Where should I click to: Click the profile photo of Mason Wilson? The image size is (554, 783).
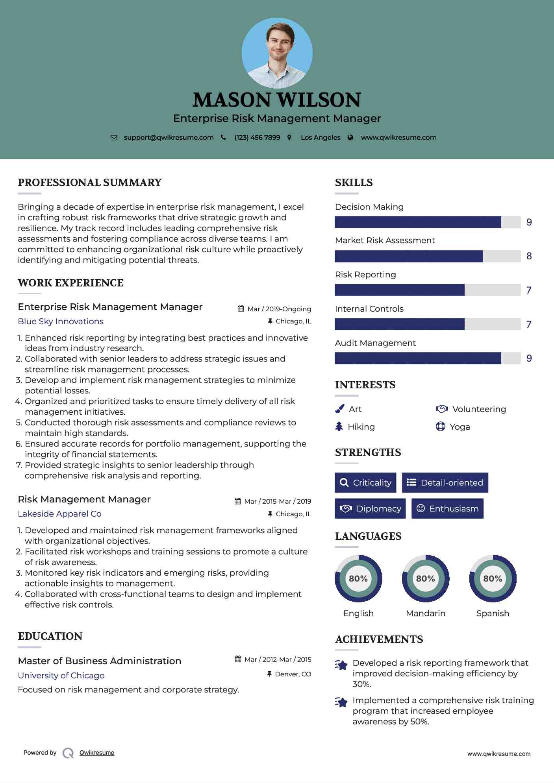click(277, 53)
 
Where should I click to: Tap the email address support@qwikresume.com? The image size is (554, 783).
click(169, 137)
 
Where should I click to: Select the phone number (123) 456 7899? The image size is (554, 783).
click(257, 137)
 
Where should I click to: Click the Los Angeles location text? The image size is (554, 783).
click(321, 137)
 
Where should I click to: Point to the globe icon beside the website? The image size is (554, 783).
click(350, 137)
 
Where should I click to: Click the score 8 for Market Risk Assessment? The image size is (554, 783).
click(529, 256)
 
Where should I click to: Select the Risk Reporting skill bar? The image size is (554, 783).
click(427, 290)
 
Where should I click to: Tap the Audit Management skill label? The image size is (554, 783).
click(375, 343)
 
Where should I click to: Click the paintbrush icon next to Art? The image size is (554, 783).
click(339, 409)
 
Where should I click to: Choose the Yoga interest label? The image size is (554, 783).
click(460, 427)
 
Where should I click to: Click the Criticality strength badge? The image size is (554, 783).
click(365, 482)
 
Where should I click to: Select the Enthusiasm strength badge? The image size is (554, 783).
click(447, 508)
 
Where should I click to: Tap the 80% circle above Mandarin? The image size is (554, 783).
click(425, 578)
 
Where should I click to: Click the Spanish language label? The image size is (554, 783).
click(493, 613)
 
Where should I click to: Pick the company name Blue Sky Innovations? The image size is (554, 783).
click(61, 321)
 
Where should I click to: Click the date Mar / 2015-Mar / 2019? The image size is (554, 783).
click(277, 501)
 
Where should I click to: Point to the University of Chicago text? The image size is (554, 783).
click(61, 676)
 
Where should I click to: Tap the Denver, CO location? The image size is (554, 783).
click(293, 674)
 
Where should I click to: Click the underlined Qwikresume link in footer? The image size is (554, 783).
click(97, 753)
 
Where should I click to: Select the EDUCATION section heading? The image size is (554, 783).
click(50, 636)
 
